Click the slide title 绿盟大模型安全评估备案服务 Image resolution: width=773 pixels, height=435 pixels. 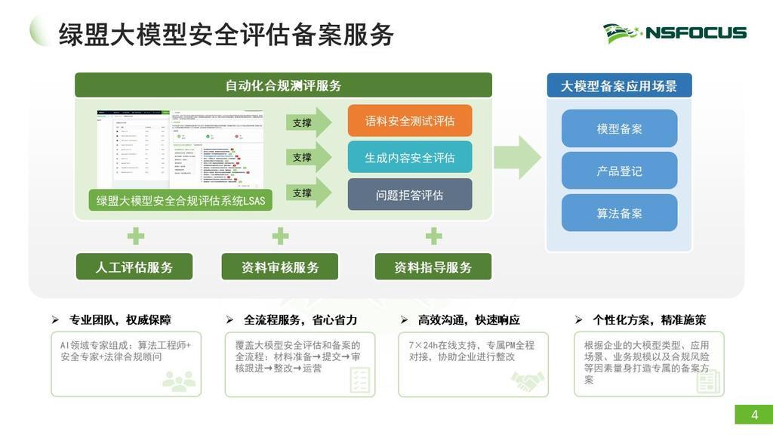[226, 34]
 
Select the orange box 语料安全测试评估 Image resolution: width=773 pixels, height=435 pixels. [410, 121]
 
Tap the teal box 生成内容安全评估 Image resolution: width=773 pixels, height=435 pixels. [410, 158]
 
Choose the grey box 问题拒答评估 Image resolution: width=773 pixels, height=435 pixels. [410, 195]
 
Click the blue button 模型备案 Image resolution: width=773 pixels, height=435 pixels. [619, 129]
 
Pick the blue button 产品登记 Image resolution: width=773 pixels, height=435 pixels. [619, 171]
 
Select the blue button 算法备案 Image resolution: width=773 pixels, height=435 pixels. [619, 214]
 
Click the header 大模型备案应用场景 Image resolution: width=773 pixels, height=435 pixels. [619, 86]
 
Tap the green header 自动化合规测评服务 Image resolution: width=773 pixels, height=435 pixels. [283, 85]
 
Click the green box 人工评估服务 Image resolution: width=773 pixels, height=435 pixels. [134, 267]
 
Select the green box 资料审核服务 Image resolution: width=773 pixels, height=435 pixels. [280, 267]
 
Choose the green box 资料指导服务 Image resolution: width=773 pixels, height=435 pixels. [433, 267]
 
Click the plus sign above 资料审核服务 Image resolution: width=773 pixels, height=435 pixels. [280, 236]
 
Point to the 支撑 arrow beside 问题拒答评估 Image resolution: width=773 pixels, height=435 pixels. [308, 193]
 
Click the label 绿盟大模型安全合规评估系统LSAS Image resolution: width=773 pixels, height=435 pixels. [180, 201]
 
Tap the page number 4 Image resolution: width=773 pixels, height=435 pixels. [753, 415]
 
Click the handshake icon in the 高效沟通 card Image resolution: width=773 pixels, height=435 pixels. [528, 381]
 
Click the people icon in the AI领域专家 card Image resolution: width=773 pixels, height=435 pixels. [179, 381]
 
